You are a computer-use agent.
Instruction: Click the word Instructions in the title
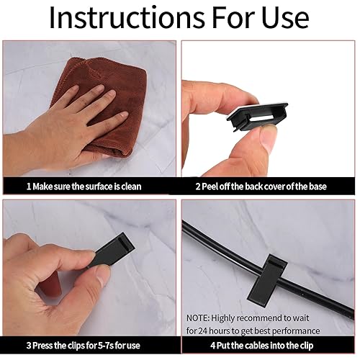pyautogui.click(x=127, y=17)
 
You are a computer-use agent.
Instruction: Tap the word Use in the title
pyautogui.click(x=285, y=17)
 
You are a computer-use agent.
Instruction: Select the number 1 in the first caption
pyautogui.click(x=29, y=186)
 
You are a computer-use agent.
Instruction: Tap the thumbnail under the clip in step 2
pyautogui.click(x=268, y=140)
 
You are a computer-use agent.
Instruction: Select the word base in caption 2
pyautogui.click(x=318, y=186)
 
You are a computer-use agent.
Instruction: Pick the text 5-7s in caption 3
pyautogui.click(x=106, y=346)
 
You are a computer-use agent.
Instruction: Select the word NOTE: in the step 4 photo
pyautogui.click(x=198, y=318)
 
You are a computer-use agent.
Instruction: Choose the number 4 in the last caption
pyautogui.click(x=213, y=346)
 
